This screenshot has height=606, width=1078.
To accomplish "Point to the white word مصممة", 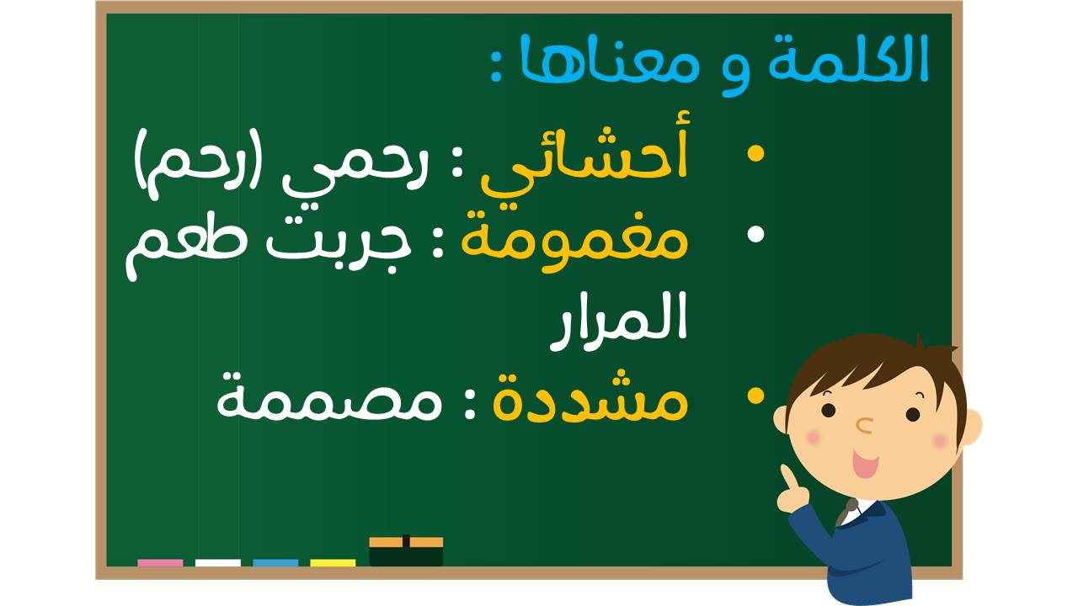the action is coord(329,401).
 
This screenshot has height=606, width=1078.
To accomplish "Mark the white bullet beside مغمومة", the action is coord(756,234).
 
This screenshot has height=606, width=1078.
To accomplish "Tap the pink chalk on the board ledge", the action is coord(160,563).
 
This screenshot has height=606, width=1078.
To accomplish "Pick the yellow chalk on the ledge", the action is coord(333,563).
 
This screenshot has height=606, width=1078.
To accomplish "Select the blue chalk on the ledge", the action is coord(275,563).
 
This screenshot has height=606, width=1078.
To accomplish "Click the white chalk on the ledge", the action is coord(217,563).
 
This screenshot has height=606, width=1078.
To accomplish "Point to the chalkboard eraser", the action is coord(406,551).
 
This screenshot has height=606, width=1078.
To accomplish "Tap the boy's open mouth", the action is coord(865,464).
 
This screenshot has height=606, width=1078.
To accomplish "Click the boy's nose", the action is coord(865,425).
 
